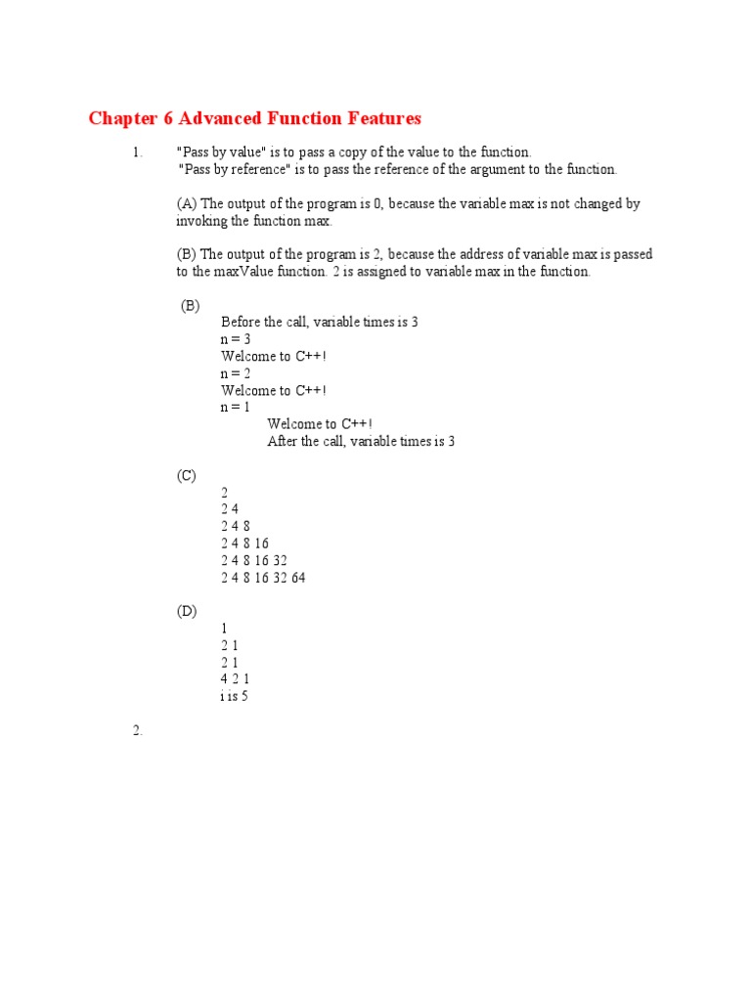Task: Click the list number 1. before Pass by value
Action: click(137, 152)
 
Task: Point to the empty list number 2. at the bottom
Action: click(137, 731)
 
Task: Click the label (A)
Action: click(187, 203)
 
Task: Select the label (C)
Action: click(187, 476)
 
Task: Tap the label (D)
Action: click(187, 611)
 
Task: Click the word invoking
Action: click(201, 221)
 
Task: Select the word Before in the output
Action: click(241, 322)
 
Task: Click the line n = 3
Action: click(236, 339)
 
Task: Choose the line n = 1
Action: click(236, 407)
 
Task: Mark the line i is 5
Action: click(235, 696)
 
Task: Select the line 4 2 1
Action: click(236, 678)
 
